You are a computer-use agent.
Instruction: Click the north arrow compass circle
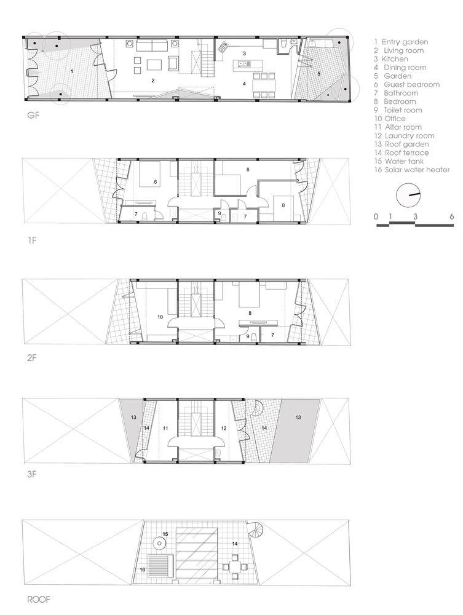tap(408, 195)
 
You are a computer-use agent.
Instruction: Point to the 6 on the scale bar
tap(452, 216)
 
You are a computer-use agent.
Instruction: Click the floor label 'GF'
tap(33, 116)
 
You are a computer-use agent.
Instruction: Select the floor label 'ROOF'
tap(38, 599)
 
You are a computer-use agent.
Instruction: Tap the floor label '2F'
tap(32, 358)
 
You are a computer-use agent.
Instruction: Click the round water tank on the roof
tap(159, 543)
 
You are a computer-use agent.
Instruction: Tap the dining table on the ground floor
tap(263, 85)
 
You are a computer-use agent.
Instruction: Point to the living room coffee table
tap(155, 64)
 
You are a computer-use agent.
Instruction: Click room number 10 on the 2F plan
tap(160, 317)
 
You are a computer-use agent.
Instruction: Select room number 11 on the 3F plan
tap(165, 428)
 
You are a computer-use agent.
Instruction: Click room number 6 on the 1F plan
tap(156, 182)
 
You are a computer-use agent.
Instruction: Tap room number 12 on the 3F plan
tap(224, 428)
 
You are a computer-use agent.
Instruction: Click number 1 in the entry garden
tap(72, 71)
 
